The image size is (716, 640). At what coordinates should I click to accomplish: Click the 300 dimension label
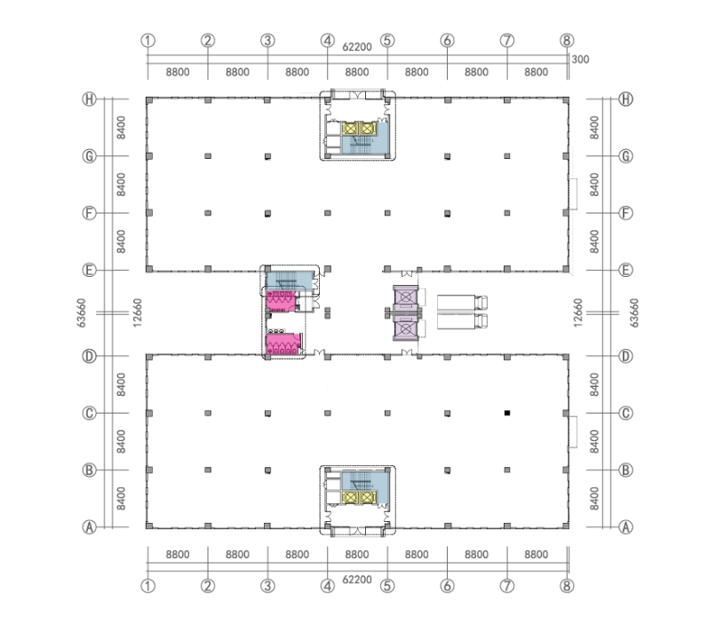tap(580, 59)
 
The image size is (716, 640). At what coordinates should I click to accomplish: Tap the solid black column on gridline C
tap(507, 413)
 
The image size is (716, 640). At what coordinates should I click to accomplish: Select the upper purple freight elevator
tap(405, 298)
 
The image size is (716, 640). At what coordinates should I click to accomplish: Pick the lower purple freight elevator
tap(405, 328)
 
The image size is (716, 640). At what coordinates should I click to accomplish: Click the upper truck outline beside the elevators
tap(462, 303)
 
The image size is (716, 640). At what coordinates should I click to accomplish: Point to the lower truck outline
tap(462, 320)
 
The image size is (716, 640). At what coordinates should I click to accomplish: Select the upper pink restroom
tap(281, 302)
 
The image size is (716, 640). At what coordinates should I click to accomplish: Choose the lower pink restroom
tap(283, 344)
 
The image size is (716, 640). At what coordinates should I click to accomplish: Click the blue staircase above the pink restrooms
tap(289, 280)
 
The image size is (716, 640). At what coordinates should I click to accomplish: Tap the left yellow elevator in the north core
tap(350, 129)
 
